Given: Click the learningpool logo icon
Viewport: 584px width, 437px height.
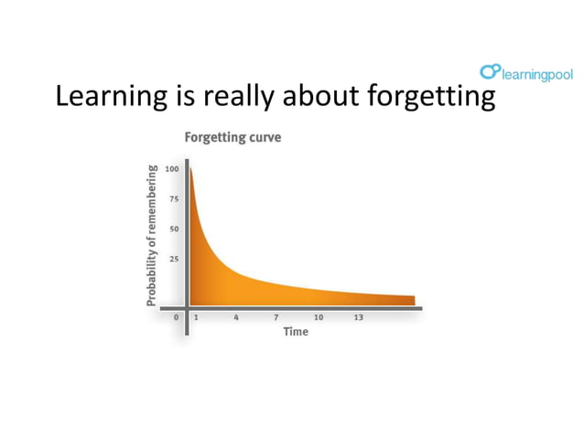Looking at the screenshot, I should pos(490,72).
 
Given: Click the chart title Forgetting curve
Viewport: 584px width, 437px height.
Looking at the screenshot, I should pos(233,138).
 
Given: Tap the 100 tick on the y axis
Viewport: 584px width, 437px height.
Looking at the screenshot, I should pos(171,169).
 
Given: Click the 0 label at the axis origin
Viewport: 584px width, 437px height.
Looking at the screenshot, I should pos(177,317).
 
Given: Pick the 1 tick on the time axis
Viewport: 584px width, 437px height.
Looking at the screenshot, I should pos(196,317).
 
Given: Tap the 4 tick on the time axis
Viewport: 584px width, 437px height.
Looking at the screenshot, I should pos(236,317).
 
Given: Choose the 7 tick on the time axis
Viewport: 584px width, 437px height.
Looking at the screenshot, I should pos(276,317).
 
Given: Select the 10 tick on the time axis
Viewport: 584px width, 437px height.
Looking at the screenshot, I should pos(318,317).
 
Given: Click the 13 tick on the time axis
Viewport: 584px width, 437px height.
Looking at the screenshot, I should pos(359,317).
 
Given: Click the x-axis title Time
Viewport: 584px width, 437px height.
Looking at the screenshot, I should pos(296,332).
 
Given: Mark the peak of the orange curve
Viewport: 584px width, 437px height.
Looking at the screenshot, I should pos(191,170).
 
